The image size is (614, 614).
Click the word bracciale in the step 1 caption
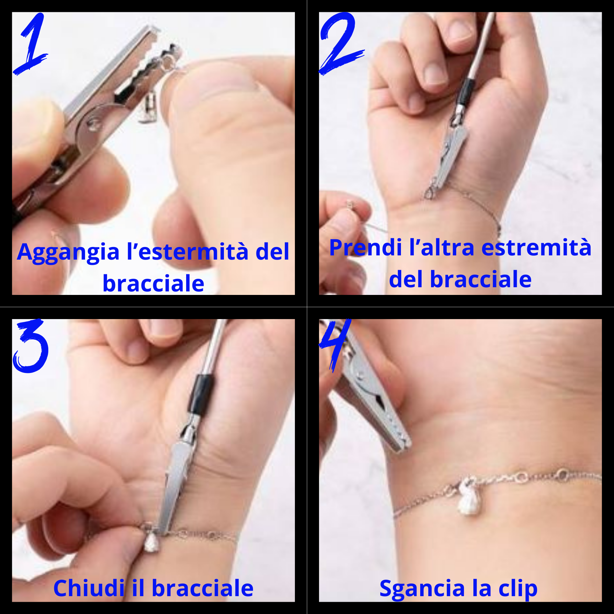153,283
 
